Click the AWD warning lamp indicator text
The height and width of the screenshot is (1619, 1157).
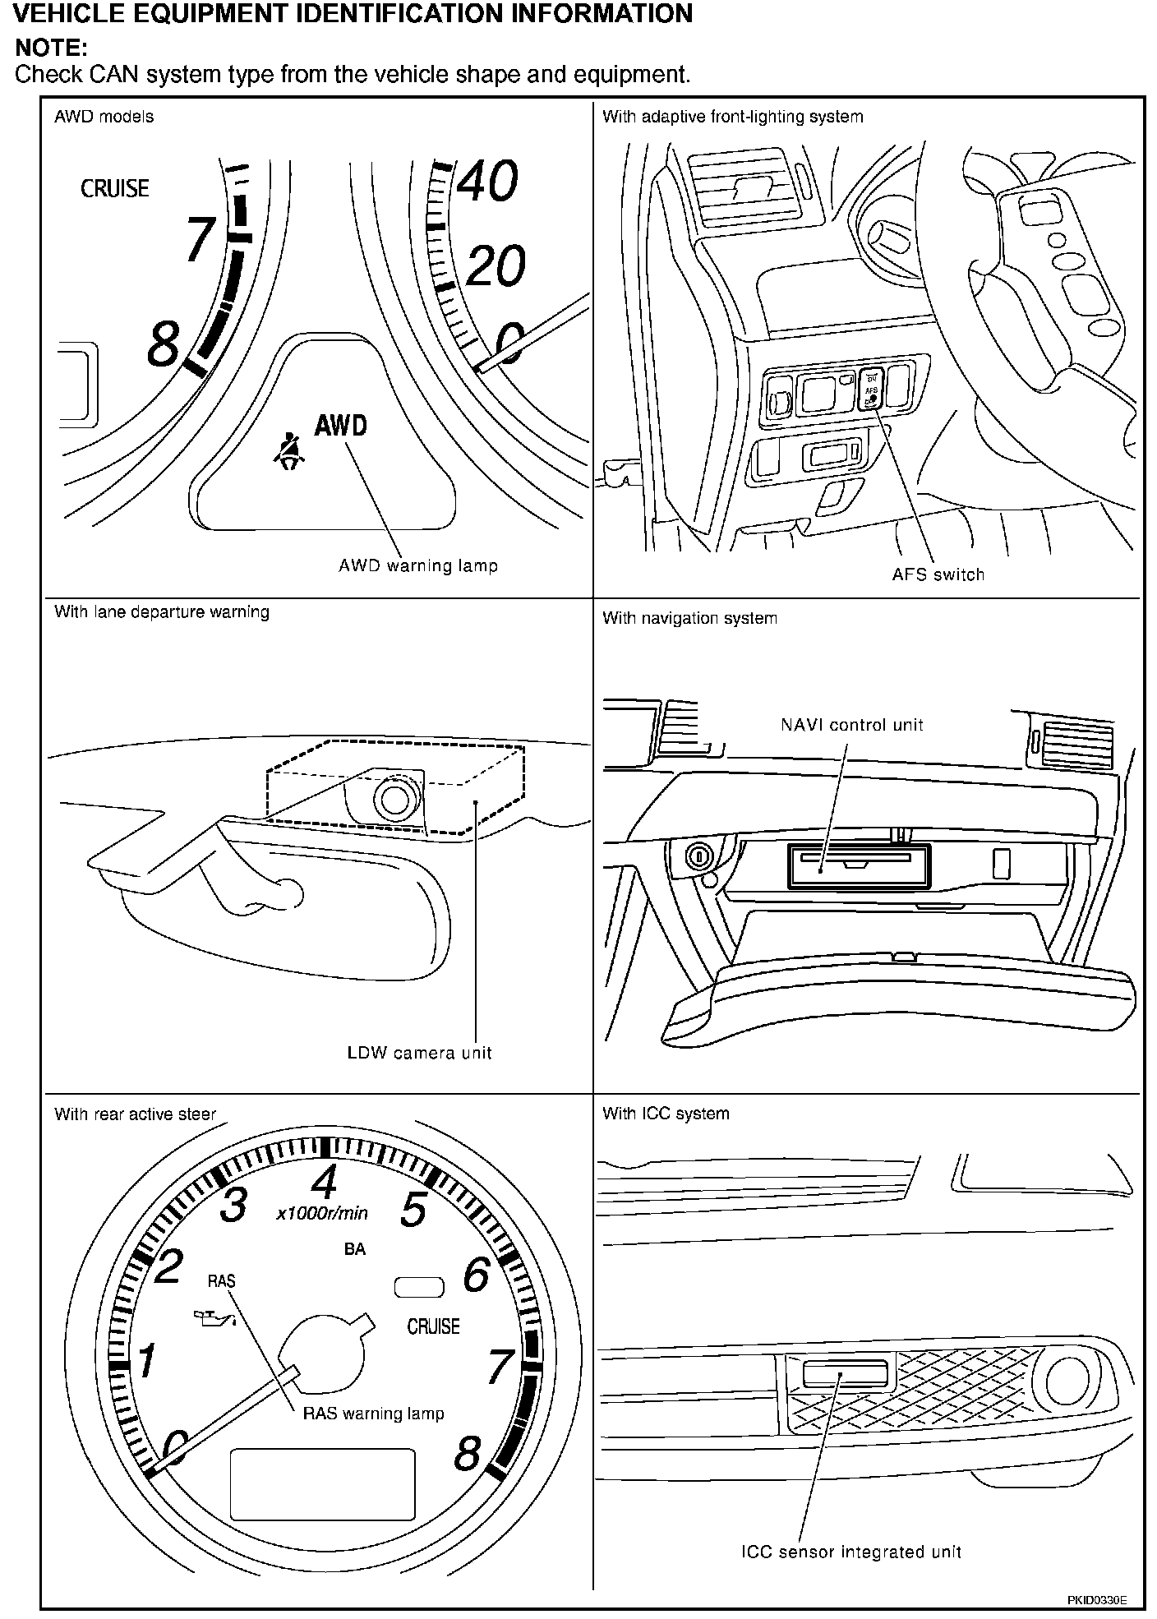341,425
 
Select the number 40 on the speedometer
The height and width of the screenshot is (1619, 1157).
487,182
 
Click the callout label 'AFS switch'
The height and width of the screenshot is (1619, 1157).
938,574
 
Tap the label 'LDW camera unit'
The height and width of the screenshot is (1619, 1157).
419,1053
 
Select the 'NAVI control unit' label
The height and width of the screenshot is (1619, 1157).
851,725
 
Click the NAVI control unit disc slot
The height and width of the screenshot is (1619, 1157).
855,859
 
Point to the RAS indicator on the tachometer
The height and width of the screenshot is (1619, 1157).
222,1280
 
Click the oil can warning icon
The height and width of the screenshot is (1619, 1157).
213,1319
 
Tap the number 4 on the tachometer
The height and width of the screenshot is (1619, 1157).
325,1183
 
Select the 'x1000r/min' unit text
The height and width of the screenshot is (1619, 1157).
322,1213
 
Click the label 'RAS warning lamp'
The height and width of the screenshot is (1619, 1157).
373,1414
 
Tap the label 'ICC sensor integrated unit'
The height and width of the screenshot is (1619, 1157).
850,1552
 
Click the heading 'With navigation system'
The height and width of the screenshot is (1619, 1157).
689,618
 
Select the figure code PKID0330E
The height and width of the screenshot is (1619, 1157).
1096,1600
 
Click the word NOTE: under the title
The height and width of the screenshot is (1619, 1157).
51,48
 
